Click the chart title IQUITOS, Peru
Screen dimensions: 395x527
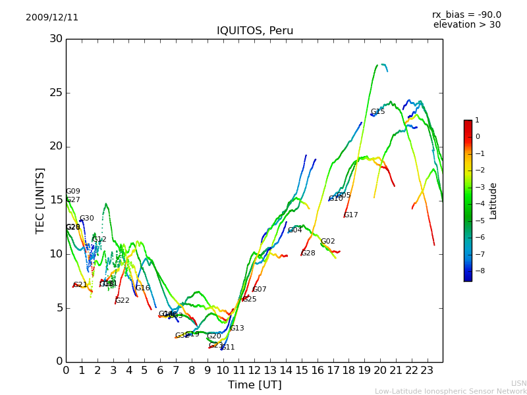[x=255, y=31]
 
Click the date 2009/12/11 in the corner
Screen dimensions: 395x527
[x=52, y=18]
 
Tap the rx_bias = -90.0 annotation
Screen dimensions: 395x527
[x=466, y=15]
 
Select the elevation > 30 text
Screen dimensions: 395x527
[x=466, y=25]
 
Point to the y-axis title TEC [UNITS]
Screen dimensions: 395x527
[x=40, y=200]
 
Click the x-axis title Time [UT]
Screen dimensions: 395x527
[x=254, y=385]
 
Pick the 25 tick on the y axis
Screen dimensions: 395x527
[x=56, y=93]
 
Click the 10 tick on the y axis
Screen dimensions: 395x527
[x=56, y=254]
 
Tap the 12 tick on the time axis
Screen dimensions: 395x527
[x=254, y=370]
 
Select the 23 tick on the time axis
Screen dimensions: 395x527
[x=427, y=370]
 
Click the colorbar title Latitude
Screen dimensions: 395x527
[x=493, y=201]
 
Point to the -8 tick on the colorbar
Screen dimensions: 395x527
[x=478, y=271]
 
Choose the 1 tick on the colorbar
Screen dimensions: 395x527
[x=477, y=120]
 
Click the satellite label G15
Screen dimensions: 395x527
[x=377, y=112]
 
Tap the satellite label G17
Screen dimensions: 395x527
[x=351, y=215]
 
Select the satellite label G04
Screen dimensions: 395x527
[x=294, y=230]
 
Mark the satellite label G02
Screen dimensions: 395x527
[x=327, y=242]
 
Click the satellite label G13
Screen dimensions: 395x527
[x=236, y=329]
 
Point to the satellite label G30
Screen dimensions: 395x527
[x=86, y=219]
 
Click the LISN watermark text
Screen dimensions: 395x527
[x=518, y=383]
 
